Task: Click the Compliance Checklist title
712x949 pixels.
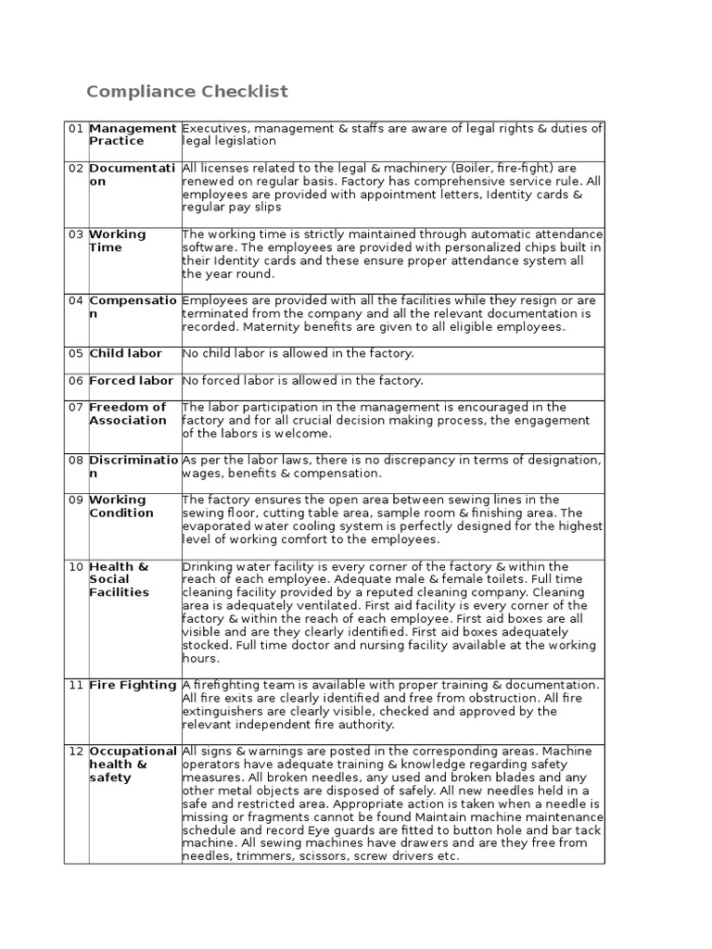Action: [x=187, y=91]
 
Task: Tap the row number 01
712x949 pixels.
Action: [x=75, y=128]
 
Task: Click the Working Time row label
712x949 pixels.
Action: [x=118, y=241]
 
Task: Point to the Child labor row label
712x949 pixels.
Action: [x=125, y=353]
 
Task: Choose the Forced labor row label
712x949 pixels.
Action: [x=131, y=380]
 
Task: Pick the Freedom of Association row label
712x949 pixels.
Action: [x=128, y=413]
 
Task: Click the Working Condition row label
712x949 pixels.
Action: [x=121, y=506]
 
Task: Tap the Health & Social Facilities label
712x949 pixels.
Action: [x=119, y=579]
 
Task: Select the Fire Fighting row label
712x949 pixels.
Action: [x=133, y=685]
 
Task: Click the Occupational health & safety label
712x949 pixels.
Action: [x=133, y=764]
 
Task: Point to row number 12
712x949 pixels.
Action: [x=76, y=751]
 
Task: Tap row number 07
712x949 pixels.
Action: [x=75, y=407]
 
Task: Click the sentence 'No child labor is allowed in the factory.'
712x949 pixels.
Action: [x=298, y=353]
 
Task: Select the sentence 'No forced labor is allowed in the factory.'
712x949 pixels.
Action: [x=302, y=380]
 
